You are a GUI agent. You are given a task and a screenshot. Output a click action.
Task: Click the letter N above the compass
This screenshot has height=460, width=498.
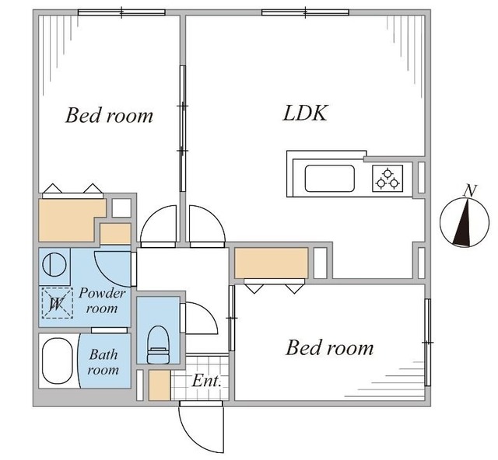point(468,190)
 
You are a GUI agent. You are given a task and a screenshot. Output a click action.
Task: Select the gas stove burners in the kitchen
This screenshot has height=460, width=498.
point(388,179)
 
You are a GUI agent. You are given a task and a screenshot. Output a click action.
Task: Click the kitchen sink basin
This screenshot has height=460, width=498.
point(330,179)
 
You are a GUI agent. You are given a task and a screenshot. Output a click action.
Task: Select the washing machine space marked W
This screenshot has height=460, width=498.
point(55,303)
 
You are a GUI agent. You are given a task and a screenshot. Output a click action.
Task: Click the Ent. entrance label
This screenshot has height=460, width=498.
point(207,382)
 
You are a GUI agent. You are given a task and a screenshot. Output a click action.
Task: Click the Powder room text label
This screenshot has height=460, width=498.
point(102,301)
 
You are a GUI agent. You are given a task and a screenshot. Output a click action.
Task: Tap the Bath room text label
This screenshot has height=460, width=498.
point(103,362)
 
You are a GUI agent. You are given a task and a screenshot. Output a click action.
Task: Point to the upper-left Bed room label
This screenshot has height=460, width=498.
point(109,117)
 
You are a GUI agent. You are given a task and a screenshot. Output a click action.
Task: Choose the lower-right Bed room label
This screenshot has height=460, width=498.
point(329,347)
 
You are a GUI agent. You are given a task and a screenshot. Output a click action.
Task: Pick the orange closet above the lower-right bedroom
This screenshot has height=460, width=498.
point(272,263)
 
